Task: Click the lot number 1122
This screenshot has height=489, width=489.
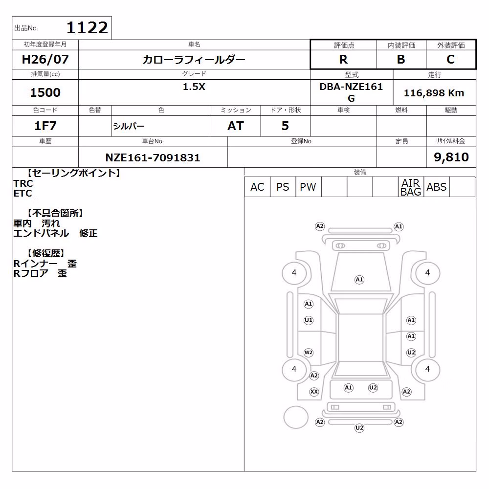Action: pyautogui.click(x=87, y=28)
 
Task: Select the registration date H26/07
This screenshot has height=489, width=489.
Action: pyautogui.click(x=45, y=59)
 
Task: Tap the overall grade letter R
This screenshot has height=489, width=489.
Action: pyautogui.click(x=343, y=59)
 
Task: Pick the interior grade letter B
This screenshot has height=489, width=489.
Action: pyautogui.click(x=401, y=59)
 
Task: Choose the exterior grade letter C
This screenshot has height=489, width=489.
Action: pyautogui.click(x=451, y=59)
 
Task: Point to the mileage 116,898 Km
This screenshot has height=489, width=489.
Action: pyautogui.click(x=434, y=93)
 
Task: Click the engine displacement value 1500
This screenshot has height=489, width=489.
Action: pyautogui.click(x=45, y=92)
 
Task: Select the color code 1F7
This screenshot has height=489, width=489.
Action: pyautogui.click(x=45, y=126)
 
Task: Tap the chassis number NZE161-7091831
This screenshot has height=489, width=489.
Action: pyautogui.click(x=153, y=157)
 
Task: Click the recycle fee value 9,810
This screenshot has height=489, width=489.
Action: pyautogui.click(x=451, y=157)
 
